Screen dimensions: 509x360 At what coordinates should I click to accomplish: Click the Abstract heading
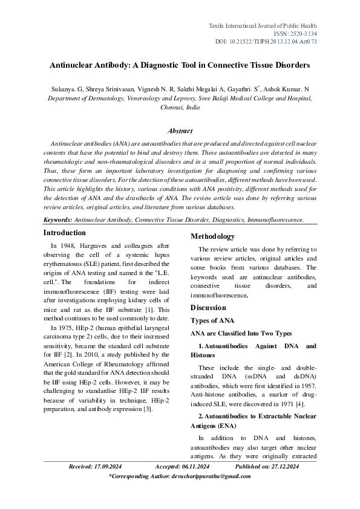[180, 131]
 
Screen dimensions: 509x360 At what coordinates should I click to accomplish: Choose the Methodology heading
[213, 236]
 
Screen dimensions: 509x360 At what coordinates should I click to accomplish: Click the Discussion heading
[208, 307]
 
